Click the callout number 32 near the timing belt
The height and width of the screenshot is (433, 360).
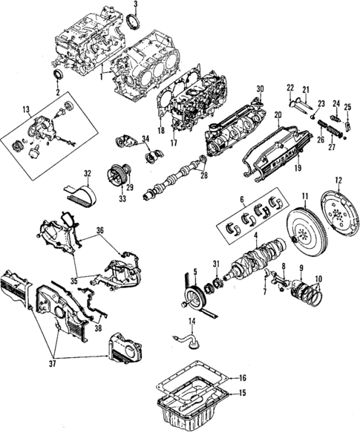pos(87,174)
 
